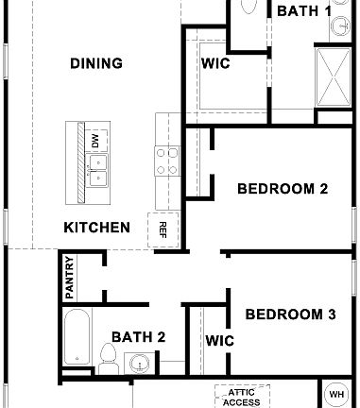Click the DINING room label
coord(96,64)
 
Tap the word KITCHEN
coord(96,228)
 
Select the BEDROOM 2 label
coord(282,189)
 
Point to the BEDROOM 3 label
coord(290,314)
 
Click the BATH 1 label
coord(303,11)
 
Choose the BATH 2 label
coord(139,336)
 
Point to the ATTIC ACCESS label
coord(242,394)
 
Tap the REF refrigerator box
coord(163,228)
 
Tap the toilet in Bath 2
coord(108,359)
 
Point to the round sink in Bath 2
coord(140,364)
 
